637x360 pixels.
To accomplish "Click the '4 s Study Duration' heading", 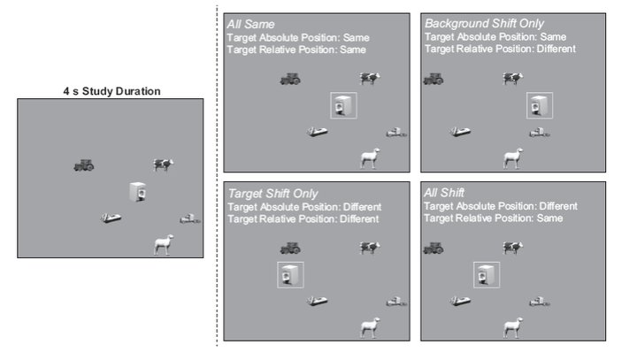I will point(111,90).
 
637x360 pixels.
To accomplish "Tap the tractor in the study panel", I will point(84,165).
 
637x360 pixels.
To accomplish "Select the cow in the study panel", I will point(164,165).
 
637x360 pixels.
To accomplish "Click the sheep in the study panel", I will point(164,244).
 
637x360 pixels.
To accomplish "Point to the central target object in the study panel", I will point(137,192).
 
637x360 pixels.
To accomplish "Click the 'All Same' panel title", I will point(251,24).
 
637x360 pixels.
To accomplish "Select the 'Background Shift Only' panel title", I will point(484,24).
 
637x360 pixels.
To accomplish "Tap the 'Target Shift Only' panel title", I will point(272,193).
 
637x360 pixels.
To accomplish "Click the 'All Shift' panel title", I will point(446,193).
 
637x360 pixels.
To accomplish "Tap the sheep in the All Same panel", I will point(370,158).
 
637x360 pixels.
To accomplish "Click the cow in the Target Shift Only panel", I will point(370,249).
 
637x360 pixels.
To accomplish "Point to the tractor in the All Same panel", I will point(290,78).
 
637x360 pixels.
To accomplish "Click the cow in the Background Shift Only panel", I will point(513,79).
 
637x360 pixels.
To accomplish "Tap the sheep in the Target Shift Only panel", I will point(370,327).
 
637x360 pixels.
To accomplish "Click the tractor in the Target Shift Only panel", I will point(290,249).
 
